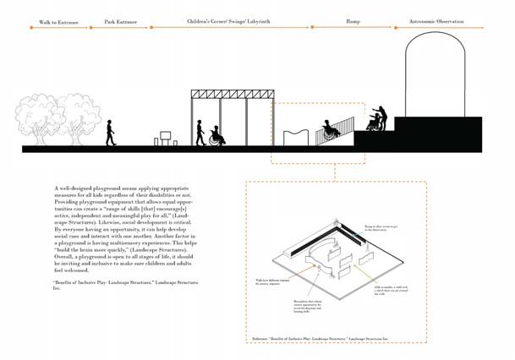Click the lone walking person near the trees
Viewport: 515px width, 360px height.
[109, 133]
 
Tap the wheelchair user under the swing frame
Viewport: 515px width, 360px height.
[216, 136]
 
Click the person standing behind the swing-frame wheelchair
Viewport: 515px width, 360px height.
[200, 133]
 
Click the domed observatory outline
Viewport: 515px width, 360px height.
[436, 72]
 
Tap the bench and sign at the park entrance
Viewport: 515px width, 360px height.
[163, 138]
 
